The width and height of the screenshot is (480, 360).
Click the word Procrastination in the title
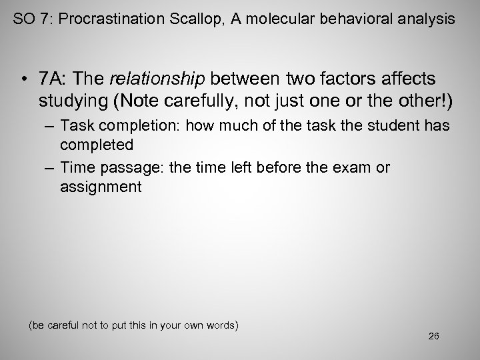pyautogui.click(x=106, y=20)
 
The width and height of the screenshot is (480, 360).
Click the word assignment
pyautogui.click(x=101, y=187)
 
